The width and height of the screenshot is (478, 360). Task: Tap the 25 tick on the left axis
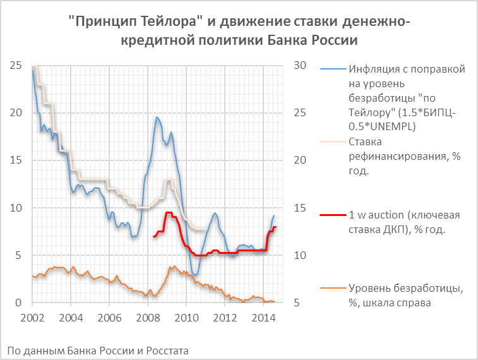(18, 65)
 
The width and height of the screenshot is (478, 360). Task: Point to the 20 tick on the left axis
(18, 112)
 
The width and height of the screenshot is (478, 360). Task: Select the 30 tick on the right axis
(300, 65)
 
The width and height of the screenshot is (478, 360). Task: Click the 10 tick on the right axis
(300, 255)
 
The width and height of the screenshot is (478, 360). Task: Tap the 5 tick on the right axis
(297, 303)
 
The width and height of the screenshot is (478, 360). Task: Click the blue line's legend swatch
(332, 68)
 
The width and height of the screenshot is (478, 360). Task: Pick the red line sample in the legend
(332, 215)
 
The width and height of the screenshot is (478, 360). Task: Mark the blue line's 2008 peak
(157, 117)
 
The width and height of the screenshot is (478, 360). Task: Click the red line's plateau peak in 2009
(169, 213)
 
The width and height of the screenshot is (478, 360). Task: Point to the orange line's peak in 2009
(170, 267)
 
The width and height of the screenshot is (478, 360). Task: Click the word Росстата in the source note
(164, 349)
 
